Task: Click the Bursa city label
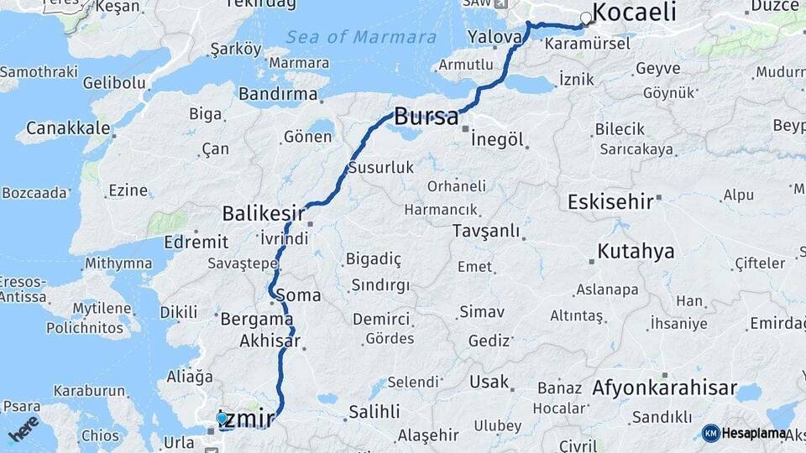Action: (x=427, y=117)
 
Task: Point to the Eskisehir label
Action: (x=610, y=202)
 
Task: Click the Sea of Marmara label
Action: (x=361, y=37)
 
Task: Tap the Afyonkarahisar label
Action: (x=664, y=388)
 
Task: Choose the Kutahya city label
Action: (x=636, y=251)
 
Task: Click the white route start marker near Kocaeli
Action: (x=586, y=18)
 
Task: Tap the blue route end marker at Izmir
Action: (x=221, y=417)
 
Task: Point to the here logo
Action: (x=23, y=428)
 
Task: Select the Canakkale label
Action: (x=68, y=128)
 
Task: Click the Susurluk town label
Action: (x=381, y=168)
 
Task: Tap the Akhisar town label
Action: (x=270, y=341)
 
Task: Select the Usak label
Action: (x=489, y=382)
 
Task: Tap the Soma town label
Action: (x=304, y=295)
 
